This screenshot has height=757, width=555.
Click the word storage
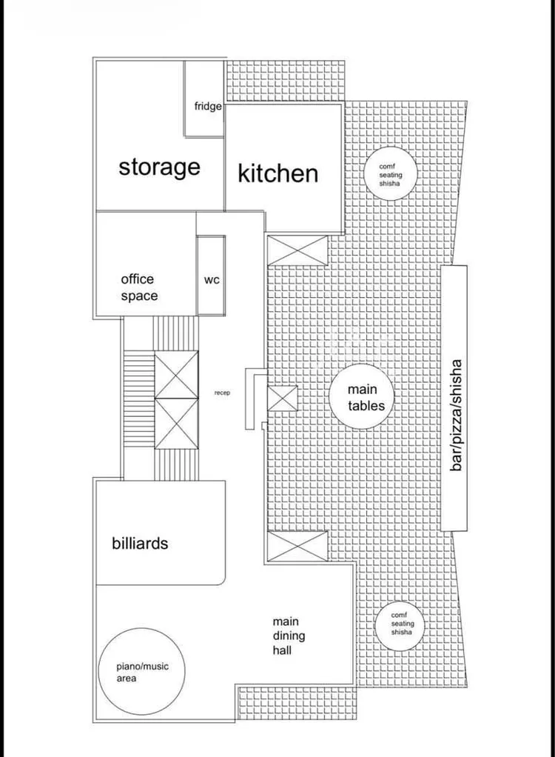point(160,167)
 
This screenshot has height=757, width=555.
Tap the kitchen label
point(278,173)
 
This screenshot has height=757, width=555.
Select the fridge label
point(208,106)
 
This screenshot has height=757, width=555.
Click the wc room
point(211,276)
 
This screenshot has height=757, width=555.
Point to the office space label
point(139,287)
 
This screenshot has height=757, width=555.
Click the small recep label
point(222,393)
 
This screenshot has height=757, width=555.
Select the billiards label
point(140,543)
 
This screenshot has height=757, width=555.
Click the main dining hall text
point(289,636)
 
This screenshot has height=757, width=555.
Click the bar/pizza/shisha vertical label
point(455,416)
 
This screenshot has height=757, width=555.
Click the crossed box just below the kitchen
point(297,250)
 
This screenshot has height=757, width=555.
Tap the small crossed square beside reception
point(283,398)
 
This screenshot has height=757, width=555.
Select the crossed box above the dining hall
point(297,546)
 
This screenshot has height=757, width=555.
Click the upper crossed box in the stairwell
point(176,375)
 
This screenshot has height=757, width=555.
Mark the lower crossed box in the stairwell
point(176,424)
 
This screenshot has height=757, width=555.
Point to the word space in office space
point(139,296)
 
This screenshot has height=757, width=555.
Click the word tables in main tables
point(366,406)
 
